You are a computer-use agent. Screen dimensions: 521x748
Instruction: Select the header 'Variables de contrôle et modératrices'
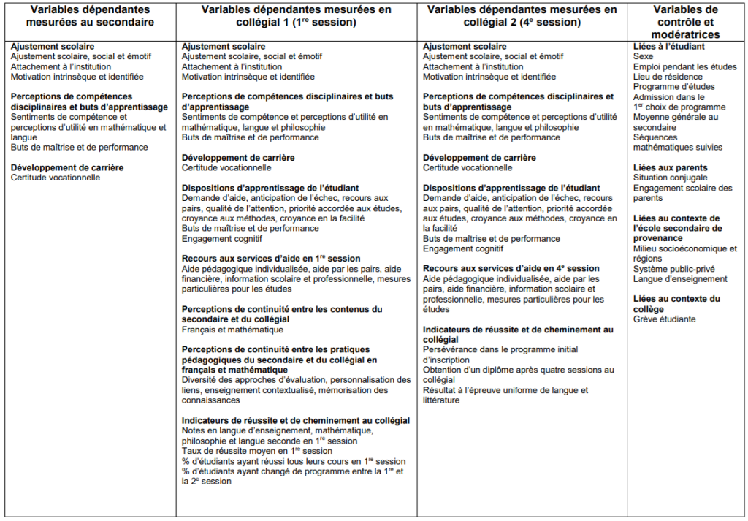click(686, 22)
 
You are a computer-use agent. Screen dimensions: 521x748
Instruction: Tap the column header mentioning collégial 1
click(296, 16)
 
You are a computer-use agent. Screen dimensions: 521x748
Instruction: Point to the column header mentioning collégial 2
click(522, 16)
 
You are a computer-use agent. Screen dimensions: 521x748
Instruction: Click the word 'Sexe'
click(644, 56)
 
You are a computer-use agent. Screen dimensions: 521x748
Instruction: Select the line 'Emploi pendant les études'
click(684, 66)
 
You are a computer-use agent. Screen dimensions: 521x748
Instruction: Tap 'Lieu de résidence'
click(668, 77)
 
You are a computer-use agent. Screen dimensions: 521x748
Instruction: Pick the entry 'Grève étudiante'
click(664, 319)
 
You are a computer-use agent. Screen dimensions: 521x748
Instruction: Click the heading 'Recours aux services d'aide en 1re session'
click(271, 259)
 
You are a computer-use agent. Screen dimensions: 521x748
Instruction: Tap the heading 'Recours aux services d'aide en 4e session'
click(511, 268)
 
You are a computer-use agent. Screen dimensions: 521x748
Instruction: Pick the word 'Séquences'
click(655, 137)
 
